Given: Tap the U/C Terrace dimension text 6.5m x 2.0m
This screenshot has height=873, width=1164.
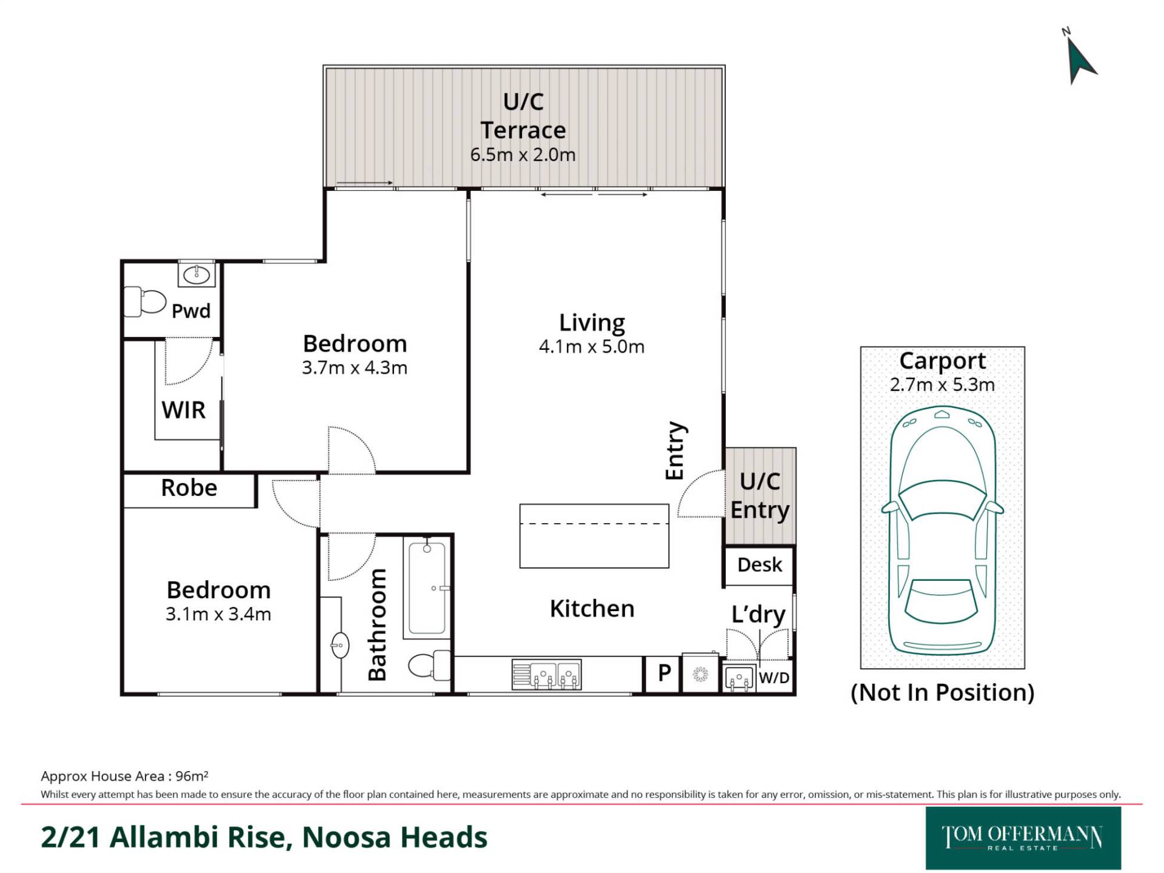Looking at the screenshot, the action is pyautogui.click(x=523, y=155).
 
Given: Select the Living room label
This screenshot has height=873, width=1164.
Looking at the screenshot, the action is pyautogui.click(x=592, y=323).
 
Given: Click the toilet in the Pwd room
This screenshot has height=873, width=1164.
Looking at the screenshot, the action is pyautogui.click(x=145, y=302).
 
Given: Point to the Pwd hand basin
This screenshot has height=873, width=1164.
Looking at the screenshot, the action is pyautogui.click(x=196, y=274).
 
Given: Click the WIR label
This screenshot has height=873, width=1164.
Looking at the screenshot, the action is pyautogui.click(x=183, y=410).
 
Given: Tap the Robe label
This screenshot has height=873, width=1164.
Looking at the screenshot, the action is pyautogui.click(x=189, y=488).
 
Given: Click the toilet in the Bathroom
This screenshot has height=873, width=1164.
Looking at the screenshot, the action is pyautogui.click(x=429, y=666).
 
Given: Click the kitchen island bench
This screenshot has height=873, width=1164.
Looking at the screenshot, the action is pyautogui.click(x=594, y=536).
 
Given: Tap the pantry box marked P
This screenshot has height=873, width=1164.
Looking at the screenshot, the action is pyautogui.click(x=663, y=674).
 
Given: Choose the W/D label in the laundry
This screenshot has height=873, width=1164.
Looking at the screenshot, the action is pyautogui.click(x=774, y=678).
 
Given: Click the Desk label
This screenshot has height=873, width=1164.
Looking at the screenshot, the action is pyautogui.click(x=760, y=565).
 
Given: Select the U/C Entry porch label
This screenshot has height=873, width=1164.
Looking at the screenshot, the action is pyautogui.click(x=760, y=496).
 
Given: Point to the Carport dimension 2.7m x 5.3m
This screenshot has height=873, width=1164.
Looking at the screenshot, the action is pyautogui.click(x=942, y=385).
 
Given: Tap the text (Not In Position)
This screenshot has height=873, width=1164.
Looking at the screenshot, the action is pyautogui.click(x=942, y=692).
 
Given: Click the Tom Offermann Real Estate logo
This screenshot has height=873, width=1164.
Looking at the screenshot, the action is pyautogui.click(x=1023, y=838).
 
